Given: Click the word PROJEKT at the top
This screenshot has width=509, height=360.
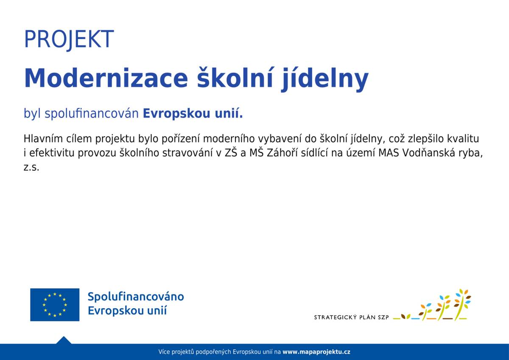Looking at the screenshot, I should point(69,39).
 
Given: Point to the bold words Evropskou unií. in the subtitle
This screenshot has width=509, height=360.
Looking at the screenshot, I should point(193,114).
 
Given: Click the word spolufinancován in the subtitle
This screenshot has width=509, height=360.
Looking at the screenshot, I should point(92,114).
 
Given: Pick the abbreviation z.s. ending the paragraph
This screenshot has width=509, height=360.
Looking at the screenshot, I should point(31,167).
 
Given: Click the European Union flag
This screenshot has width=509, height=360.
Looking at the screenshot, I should point(55,304).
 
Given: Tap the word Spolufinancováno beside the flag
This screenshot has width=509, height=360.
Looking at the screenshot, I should point(136,296).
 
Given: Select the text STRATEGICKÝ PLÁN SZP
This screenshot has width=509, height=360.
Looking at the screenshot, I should point(351,317).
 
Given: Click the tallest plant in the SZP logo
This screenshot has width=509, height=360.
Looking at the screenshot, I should point(461,304).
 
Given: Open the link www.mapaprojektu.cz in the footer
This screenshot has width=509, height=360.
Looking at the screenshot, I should point(316,352).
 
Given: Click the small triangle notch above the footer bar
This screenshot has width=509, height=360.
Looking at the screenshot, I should point(64,340).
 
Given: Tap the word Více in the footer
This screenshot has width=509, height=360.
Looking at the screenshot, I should point(164,352).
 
